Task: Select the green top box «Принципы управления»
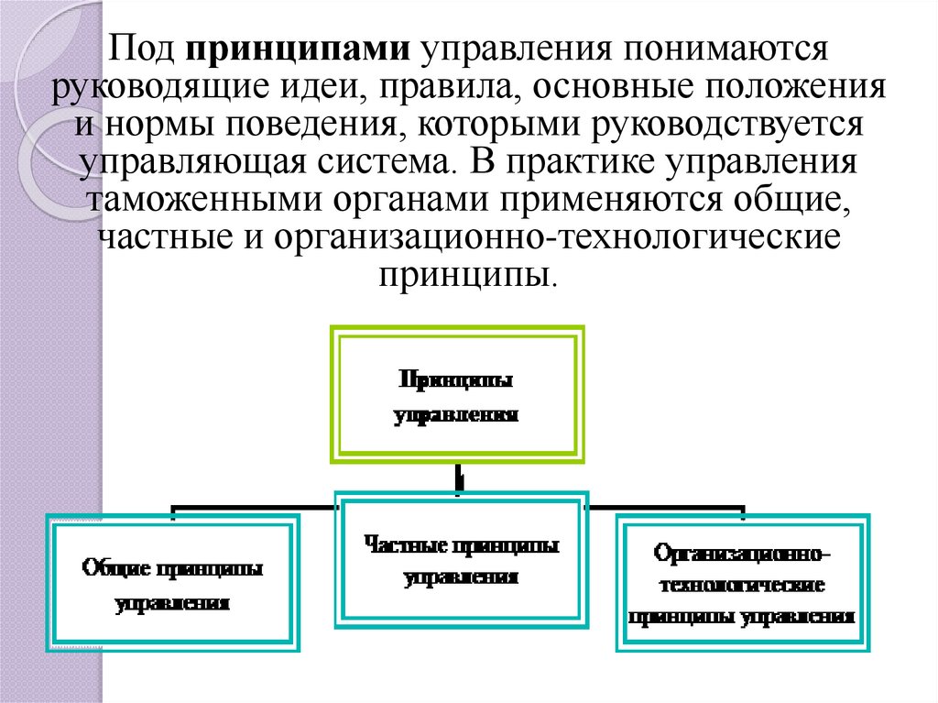point(457,395)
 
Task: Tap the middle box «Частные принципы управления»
point(461,560)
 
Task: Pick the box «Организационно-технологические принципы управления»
point(742,584)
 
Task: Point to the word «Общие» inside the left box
point(117,569)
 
